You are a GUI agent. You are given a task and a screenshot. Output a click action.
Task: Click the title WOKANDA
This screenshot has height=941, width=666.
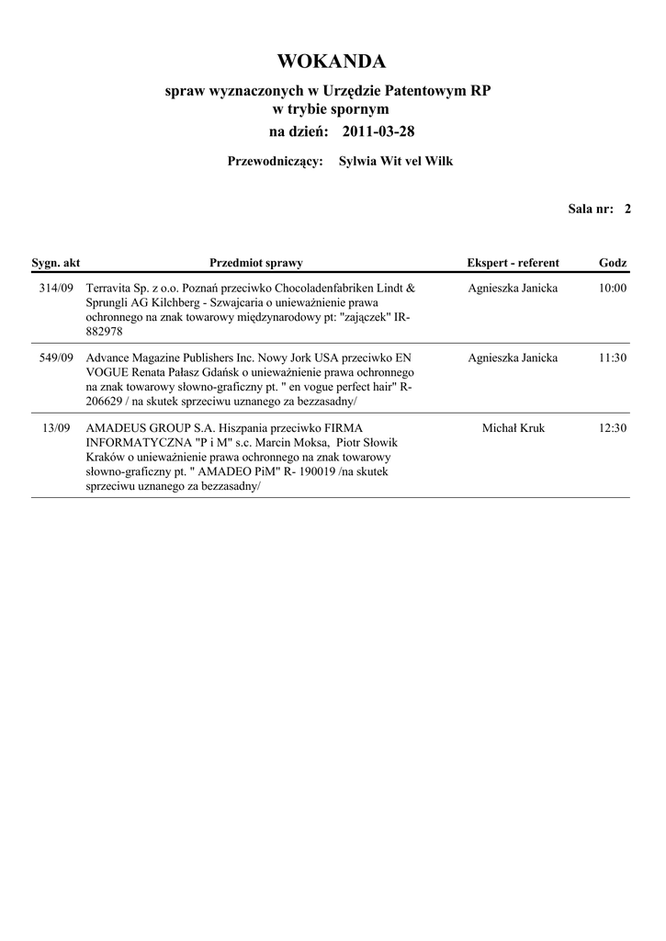point(332,62)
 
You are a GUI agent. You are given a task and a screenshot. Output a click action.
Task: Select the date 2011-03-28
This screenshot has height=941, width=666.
point(378,131)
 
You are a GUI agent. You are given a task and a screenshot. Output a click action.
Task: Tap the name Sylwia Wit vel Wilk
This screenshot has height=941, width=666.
point(396,162)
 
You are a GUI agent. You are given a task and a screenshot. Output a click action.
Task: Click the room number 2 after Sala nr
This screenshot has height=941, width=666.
point(627,210)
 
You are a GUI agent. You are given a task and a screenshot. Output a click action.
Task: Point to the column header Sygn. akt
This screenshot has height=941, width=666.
point(56,263)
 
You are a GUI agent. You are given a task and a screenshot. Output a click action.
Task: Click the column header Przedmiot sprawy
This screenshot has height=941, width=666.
point(256,263)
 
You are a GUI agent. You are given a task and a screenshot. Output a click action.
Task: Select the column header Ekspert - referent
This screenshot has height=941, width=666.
point(513,263)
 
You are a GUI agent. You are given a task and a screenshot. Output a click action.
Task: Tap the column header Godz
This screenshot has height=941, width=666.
point(613,263)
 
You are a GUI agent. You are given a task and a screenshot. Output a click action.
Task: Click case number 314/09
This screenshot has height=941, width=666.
point(56,289)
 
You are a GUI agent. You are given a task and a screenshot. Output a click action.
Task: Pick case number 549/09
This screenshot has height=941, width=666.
point(56,358)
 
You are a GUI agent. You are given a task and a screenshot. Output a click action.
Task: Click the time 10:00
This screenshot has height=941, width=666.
point(612,289)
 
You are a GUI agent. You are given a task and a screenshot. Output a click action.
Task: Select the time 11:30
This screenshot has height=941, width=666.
point(612,358)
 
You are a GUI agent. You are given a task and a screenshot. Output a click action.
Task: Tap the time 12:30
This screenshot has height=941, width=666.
point(612,428)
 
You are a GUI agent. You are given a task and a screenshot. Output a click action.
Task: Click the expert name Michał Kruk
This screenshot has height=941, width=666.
point(513,428)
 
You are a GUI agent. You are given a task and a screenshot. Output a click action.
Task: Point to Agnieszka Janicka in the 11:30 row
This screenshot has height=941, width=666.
point(513,358)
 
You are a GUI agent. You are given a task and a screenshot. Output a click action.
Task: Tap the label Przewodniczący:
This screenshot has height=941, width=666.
point(275,162)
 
